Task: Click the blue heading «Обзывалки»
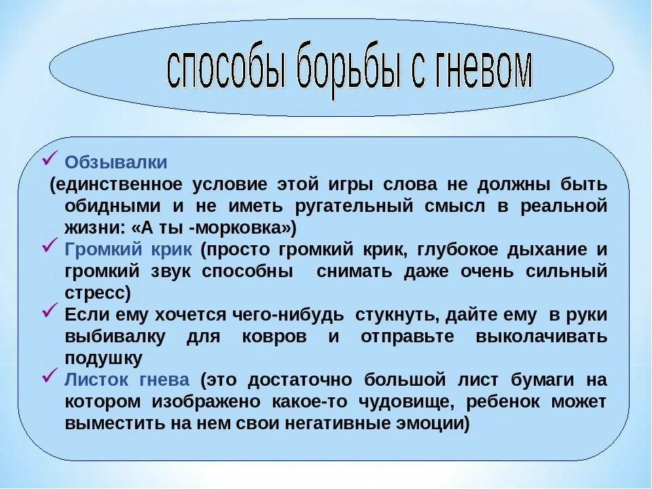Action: click(x=115, y=163)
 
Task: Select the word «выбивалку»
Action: click(x=107, y=336)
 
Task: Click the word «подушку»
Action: click(x=103, y=358)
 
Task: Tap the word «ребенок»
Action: click(x=504, y=401)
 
